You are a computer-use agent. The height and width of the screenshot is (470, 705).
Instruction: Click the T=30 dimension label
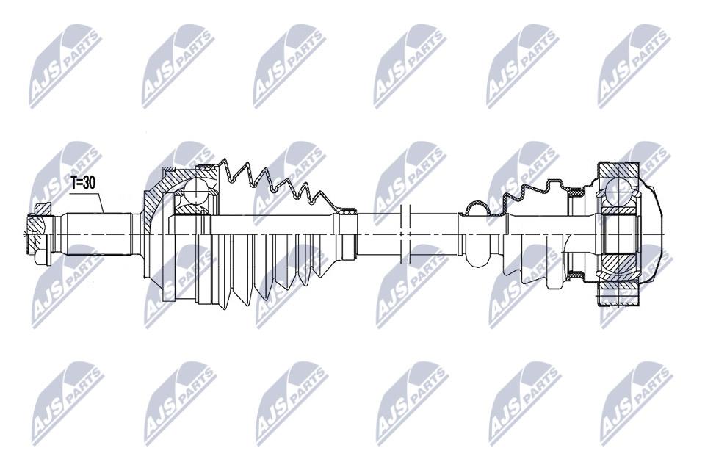(84, 183)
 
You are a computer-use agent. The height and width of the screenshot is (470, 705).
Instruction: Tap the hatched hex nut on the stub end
(38, 234)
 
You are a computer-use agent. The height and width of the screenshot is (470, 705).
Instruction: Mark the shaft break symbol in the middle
(405, 234)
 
